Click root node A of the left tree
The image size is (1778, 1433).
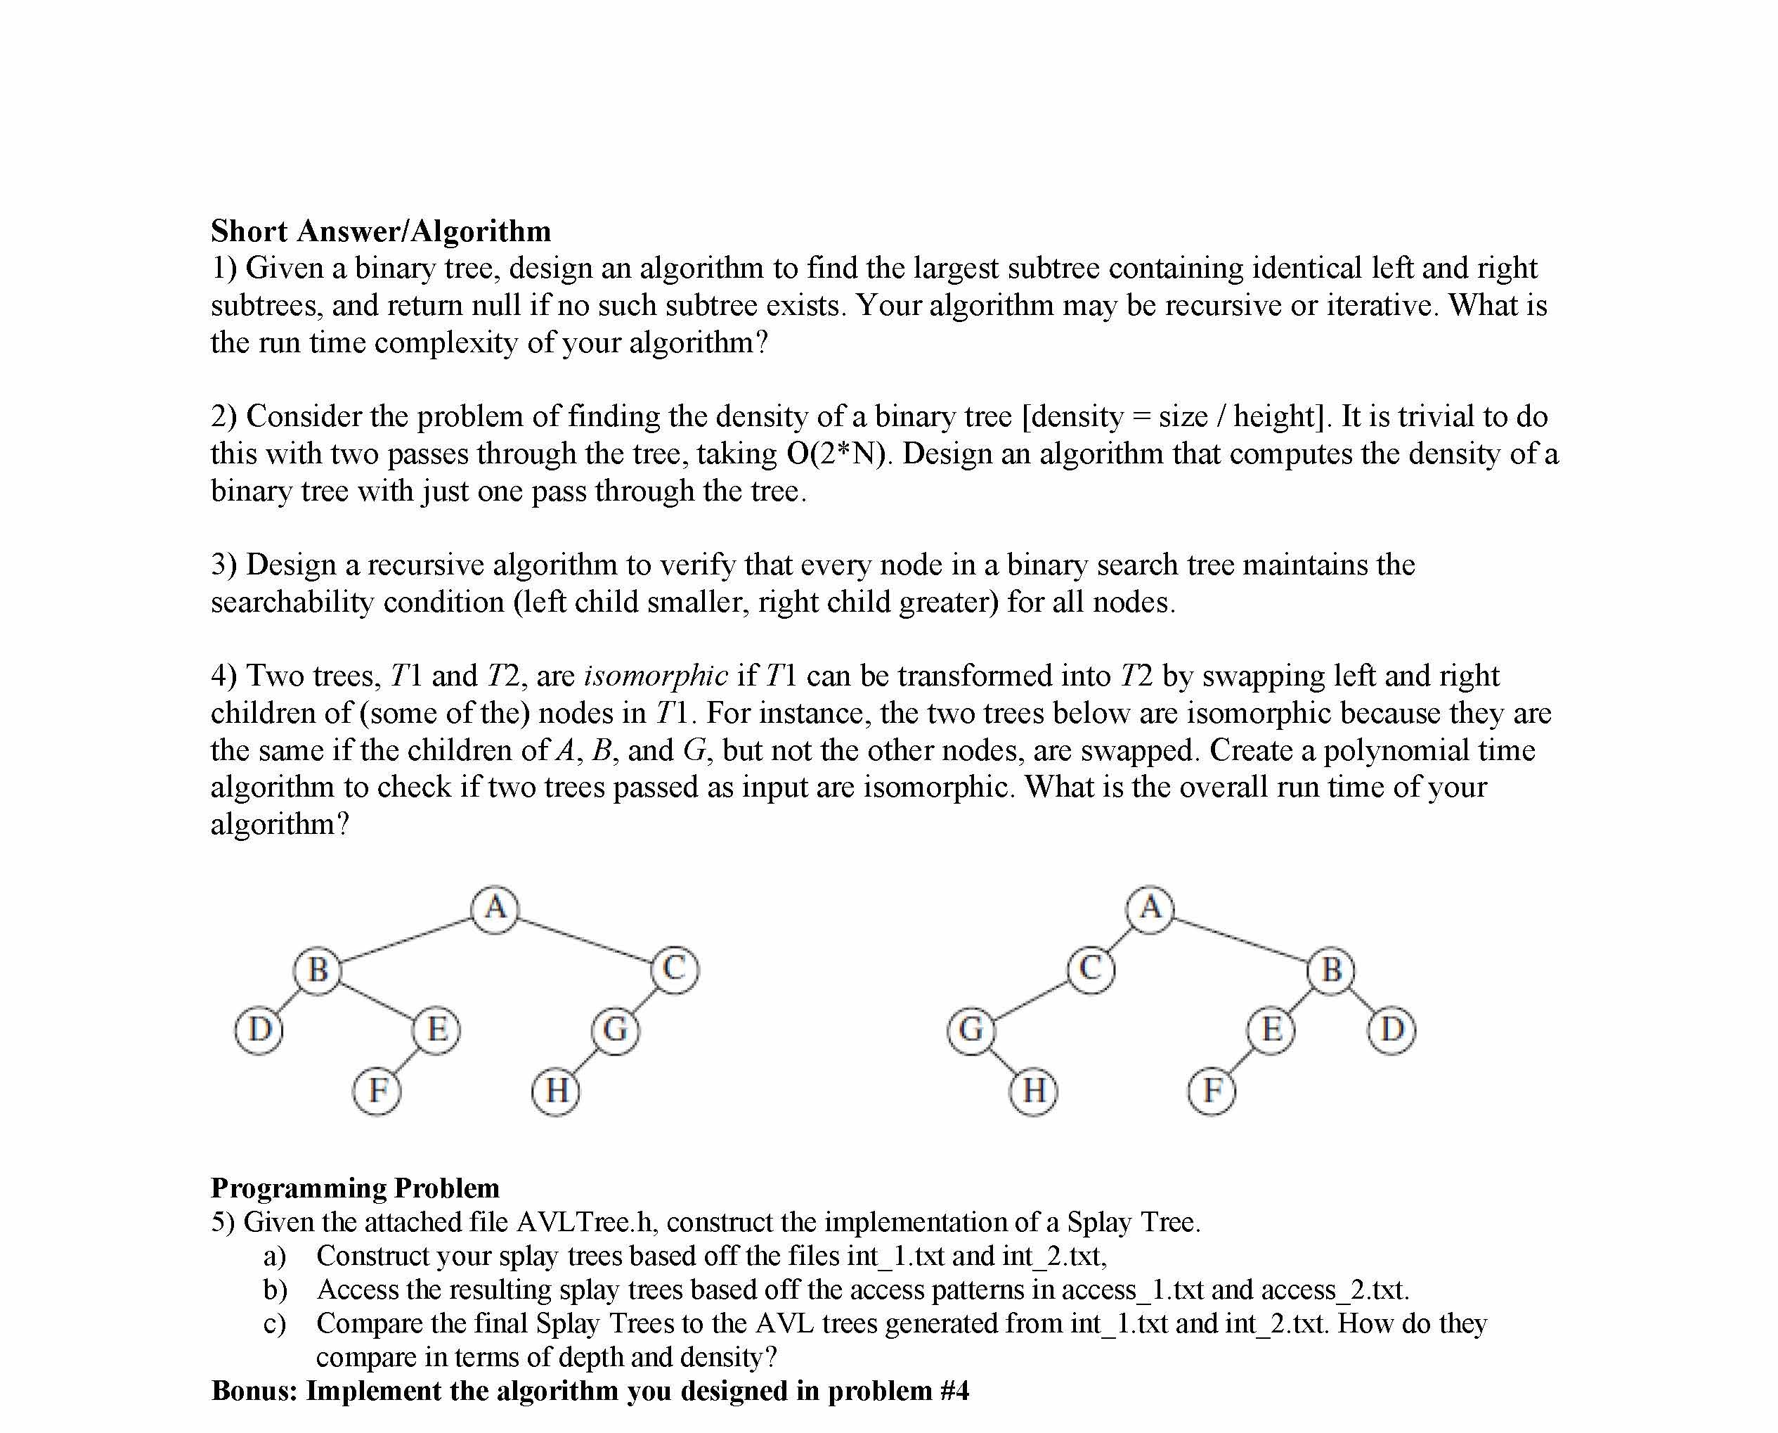click(x=495, y=909)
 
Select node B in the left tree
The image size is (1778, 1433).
click(x=318, y=970)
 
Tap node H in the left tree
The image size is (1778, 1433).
click(x=556, y=1091)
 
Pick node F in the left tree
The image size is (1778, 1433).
click(x=377, y=1091)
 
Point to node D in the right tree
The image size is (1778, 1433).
click(x=1392, y=1030)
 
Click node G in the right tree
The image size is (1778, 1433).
click(x=971, y=1030)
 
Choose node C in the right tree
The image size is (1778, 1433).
click(x=1091, y=970)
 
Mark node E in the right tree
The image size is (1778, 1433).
click(x=1271, y=1030)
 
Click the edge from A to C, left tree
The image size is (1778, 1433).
click(x=584, y=939)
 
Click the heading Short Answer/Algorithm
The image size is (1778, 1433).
click(x=381, y=231)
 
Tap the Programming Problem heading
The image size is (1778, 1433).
click(x=356, y=1187)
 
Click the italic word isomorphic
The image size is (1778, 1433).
click(x=656, y=676)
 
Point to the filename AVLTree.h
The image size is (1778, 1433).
click(x=583, y=1221)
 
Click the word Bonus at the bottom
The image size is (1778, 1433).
click(x=253, y=1390)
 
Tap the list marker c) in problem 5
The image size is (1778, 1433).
click(x=275, y=1323)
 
